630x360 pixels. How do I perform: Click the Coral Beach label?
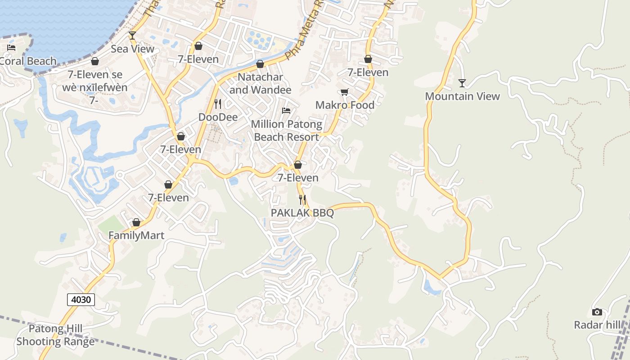pyautogui.click(x=28, y=61)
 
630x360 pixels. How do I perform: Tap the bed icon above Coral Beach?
pyautogui.click(x=11, y=48)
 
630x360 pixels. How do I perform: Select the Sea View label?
pyautogui.click(x=132, y=49)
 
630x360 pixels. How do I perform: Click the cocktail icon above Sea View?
pyautogui.click(x=132, y=35)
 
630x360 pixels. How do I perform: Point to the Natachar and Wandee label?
pyautogui.click(x=260, y=83)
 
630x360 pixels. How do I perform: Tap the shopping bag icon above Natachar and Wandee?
pyautogui.click(x=260, y=64)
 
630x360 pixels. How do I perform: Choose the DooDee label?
pyautogui.click(x=218, y=117)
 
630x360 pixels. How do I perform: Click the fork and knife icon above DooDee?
pyautogui.click(x=218, y=104)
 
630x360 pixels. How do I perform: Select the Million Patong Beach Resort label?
pyautogui.click(x=287, y=130)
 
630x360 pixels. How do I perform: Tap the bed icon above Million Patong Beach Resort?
pyautogui.click(x=286, y=111)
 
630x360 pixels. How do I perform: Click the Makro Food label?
pyautogui.click(x=345, y=105)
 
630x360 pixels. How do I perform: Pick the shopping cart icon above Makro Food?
pyautogui.click(x=345, y=92)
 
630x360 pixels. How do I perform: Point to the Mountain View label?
pyautogui.click(x=462, y=96)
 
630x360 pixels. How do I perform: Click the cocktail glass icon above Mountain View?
pyautogui.click(x=462, y=83)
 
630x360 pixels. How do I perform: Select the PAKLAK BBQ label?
pyautogui.click(x=302, y=213)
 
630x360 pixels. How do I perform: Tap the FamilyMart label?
pyautogui.click(x=136, y=235)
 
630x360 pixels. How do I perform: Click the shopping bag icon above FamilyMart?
pyautogui.click(x=136, y=222)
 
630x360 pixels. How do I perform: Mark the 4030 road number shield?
pyautogui.click(x=81, y=299)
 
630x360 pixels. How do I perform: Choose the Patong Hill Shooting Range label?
pyautogui.click(x=56, y=335)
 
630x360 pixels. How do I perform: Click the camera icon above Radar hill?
pyautogui.click(x=597, y=312)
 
